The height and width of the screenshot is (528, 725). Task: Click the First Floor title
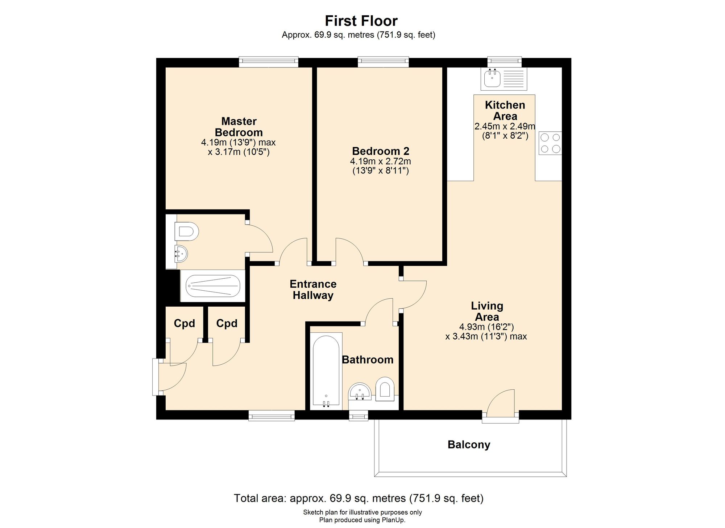pyautogui.click(x=361, y=21)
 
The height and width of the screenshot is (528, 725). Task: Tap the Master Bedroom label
pyautogui.click(x=239, y=127)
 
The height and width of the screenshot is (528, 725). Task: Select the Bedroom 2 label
pyautogui.click(x=381, y=151)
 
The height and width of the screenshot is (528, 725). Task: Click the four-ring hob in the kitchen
pyautogui.click(x=550, y=143)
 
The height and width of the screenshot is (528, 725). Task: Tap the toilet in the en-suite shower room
pyautogui.click(x=186, y=232)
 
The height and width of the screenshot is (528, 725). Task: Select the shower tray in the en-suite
pyautogui.click(x=213, y=286)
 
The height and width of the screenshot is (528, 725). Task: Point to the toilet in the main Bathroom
pyautogui.click(x=385, y=389)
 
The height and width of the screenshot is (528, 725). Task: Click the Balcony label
pyautogui.click(x=469, y=445)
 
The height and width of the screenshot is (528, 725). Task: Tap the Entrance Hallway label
pyautogui.click(x=313, y=290)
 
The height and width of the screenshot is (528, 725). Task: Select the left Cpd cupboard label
pyautogui.click(x=184, y=323)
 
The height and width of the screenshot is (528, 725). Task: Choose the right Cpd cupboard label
pyautogui.click(x=227, y=323)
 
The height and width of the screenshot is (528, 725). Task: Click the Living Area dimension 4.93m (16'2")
pyautogui.click(x=487, y=327)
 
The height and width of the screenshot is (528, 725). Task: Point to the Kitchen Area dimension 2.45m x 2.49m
pyautogui.click(x=505, y=126)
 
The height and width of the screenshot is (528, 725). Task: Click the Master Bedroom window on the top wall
pyautogui.click(x=269, y=62)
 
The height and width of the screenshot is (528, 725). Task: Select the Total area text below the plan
pyautogui.click(x=359, y=498)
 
